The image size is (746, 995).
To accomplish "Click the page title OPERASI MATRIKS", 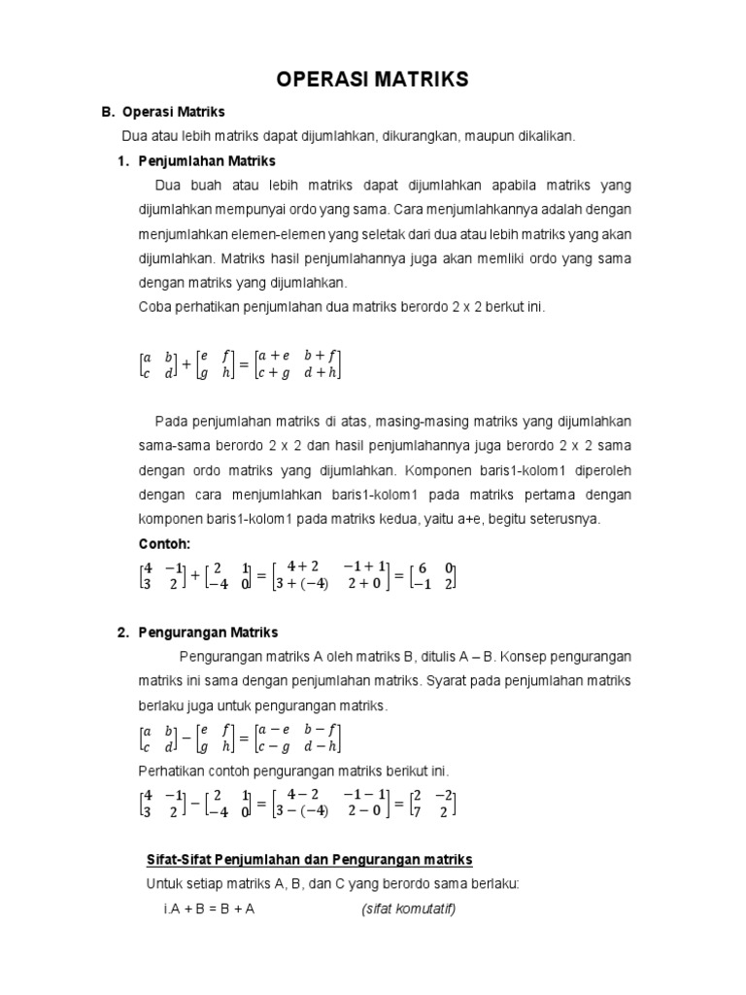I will pos(373,80).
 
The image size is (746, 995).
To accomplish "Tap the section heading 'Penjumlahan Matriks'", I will pos(207,160).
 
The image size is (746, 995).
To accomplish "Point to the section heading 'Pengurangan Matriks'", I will pos(208,633).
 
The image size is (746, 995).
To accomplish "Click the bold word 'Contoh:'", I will pos(165,543).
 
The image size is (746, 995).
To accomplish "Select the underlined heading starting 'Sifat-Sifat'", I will pos(309,859).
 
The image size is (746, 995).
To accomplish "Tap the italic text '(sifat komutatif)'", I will pos(408,909).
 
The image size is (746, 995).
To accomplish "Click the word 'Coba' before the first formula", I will pos(155,307).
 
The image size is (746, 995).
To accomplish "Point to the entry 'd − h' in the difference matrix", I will pos(322,747).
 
